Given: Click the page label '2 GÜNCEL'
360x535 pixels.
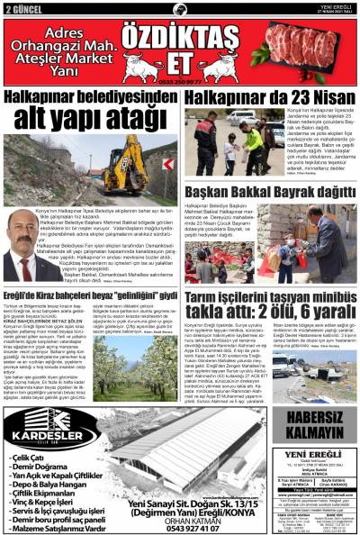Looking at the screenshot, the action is [x=24, y=9].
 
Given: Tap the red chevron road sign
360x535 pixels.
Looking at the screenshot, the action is [x=167, y=165].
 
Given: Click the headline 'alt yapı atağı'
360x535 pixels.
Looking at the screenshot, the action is [x=93, y=116].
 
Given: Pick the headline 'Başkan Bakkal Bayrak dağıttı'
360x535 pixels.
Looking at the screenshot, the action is [x=270, y=191].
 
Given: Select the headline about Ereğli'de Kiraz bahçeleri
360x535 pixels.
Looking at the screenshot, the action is [x=90, y=294].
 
